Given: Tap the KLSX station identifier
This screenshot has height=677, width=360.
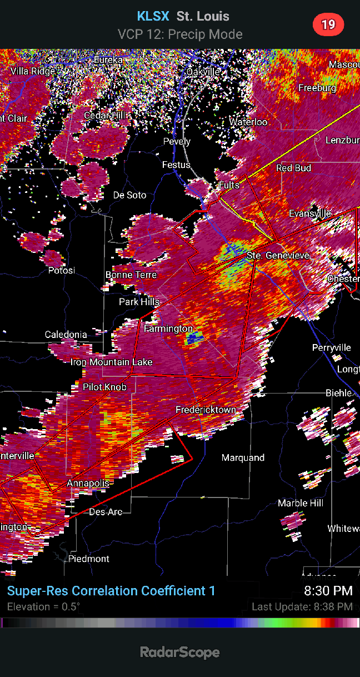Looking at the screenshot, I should coord(153,16).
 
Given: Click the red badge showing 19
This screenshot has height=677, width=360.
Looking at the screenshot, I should coord(328,24).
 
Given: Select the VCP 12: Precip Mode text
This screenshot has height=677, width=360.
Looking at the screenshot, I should coord(180,34).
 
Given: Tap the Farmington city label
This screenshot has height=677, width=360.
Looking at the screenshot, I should coord(168,328).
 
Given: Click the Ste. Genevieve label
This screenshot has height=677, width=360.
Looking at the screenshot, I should coord(278,255).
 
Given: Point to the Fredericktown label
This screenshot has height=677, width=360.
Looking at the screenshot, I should coord(206,410).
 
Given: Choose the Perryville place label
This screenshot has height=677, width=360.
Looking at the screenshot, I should coord(332,347).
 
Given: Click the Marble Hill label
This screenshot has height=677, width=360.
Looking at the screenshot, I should coord(301,503).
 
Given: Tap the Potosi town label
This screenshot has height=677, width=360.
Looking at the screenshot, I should coord(61,270).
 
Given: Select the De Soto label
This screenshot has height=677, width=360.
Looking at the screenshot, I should coord(129,195).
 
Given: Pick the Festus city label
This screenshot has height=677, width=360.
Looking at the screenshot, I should coord(176,165).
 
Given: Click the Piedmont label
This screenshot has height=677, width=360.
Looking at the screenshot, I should coord(89,559).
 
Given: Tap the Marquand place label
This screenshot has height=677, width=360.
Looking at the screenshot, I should coord(243,457).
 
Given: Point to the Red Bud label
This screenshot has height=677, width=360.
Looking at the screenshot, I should coord(294,168).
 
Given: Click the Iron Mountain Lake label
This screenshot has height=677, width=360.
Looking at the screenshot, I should coord(111,362).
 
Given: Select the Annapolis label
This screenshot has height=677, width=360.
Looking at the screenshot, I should coord(88,483).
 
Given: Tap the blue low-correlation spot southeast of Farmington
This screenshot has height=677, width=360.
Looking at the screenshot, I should coord(194,338).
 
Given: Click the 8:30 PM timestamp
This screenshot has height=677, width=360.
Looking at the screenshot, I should coord(328,591).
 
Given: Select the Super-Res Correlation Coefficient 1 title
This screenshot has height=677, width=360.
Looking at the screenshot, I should coord(111,591).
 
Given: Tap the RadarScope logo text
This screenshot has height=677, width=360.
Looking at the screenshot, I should coord(179,652).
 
